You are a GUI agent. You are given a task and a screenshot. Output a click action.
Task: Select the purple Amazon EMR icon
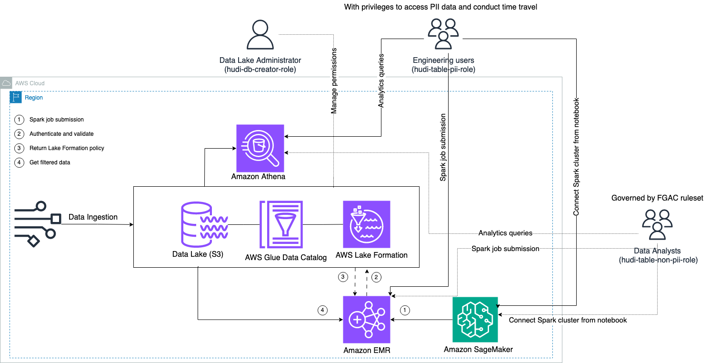(x=366, y=320)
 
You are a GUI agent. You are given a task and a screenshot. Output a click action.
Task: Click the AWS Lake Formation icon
(x=366, y=224)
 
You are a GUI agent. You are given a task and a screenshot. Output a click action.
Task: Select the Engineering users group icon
(x=443, y=33)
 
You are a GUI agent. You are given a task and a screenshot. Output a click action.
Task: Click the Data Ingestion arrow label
(x=93, y=217)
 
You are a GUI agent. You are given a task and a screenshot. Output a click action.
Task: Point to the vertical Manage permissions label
(x=334, y=81)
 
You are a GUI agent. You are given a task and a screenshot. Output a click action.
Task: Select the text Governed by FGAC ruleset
(x=657, y=198)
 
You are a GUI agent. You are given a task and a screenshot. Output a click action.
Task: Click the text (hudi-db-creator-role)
(x=260, y=70)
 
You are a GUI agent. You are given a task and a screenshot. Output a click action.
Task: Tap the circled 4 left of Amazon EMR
(x=323, y=310)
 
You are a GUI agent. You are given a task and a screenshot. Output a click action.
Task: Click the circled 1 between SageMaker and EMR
(x=405, y=310)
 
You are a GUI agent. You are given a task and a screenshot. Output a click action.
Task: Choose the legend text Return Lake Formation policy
(x=67, y=148)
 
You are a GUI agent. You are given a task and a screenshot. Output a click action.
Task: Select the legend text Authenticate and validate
(x=61, y=134)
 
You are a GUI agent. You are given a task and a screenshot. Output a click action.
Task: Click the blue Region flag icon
(x=16, y=98)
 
